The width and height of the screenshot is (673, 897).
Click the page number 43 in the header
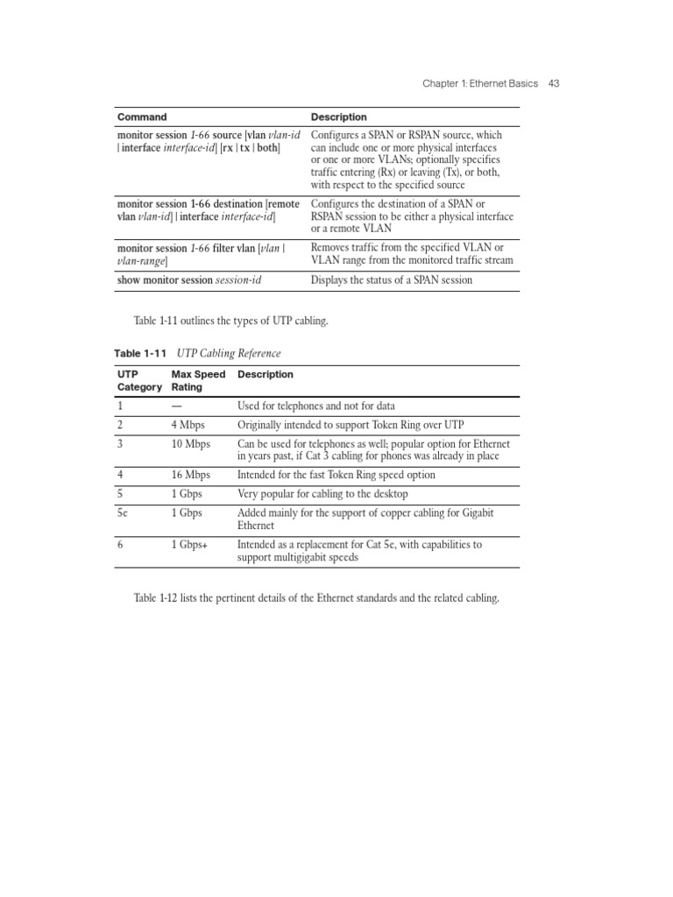click(553, 83)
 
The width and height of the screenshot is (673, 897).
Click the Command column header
click(142, 117)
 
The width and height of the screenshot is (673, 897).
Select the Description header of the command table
click(339, 117)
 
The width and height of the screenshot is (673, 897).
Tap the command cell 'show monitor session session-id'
click(189, 280)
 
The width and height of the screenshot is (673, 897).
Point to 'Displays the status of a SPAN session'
click(392, 280)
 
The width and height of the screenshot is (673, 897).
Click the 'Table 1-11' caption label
click(141, 353)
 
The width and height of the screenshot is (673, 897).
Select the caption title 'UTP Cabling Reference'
click(229, 353)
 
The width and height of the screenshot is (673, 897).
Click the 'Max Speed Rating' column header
click(198, 380)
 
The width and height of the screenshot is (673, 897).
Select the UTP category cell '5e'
click(124, 513)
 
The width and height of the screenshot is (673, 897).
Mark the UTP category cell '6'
click(121, 545)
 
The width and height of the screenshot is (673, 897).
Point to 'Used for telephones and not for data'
click(316, 406)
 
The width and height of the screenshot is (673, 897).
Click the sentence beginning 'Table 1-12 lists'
click(315, 598)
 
